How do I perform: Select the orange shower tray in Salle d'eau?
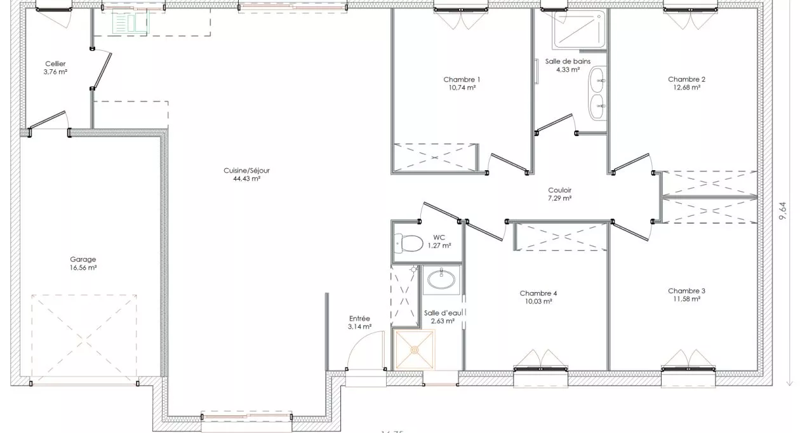point(413,349)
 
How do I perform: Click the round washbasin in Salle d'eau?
point(442,278)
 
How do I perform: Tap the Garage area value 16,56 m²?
point(83,268)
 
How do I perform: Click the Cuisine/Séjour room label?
point(247,170)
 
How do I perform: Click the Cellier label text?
point(55,63)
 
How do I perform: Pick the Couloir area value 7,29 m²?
point(559,198)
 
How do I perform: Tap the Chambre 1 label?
point(462,79)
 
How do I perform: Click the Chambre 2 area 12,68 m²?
point(686,88)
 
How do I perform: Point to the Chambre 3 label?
point(686,291)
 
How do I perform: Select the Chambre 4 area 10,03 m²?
point(538,302)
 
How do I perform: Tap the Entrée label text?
point(359,319)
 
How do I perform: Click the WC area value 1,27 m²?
point(439,246)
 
